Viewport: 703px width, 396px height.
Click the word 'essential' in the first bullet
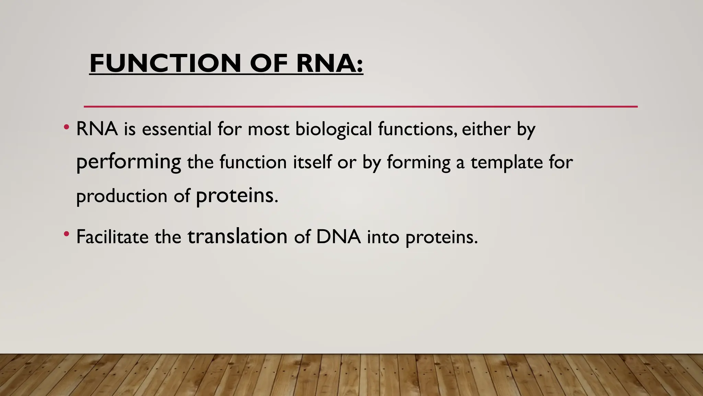click(x=176, y=129)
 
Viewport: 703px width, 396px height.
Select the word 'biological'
click(x=333, y=129)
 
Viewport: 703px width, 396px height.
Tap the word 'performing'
click(x=128, y=162)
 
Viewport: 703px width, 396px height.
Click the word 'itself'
click(x=312, y=162)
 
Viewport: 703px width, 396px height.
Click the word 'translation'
click(x=237, y=236)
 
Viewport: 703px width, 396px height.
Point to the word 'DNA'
click(x=338, y=236)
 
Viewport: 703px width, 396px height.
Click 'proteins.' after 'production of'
click(x=237, y=196)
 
